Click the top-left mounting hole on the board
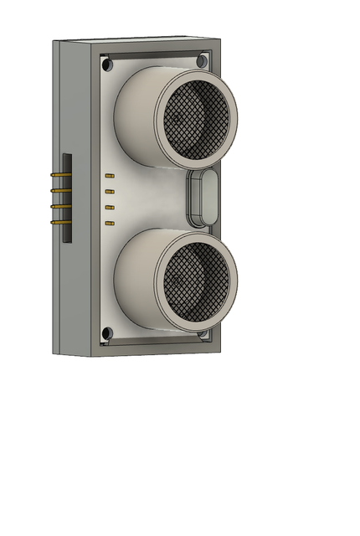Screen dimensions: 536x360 106,64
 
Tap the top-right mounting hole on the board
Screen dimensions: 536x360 202,61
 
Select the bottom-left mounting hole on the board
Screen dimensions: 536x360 106,333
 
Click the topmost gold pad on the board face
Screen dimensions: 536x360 109,176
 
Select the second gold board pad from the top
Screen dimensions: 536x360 109,192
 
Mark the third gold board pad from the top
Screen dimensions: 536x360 109,207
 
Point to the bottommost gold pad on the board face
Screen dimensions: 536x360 109,224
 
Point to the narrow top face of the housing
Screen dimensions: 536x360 134,39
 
